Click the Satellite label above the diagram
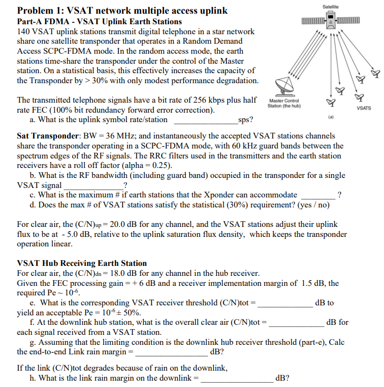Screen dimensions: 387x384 coord(330,5)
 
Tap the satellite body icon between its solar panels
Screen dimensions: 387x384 coord(330,20)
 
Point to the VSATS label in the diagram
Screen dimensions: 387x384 coord(363,108)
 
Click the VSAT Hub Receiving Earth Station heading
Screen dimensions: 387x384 coord(82,263)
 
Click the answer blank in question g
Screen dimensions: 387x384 coord(171,352)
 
